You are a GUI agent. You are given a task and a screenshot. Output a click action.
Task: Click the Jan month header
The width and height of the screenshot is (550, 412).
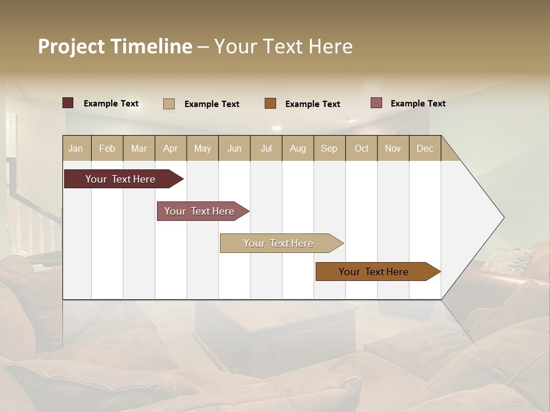pyautogui.click(x=76, y=148)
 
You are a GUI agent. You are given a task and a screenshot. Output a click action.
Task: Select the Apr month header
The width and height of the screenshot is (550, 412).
pyautogui.click(x=171, y=148)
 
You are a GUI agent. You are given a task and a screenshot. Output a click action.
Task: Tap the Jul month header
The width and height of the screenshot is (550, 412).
pyautogui.click(x=266, y=148)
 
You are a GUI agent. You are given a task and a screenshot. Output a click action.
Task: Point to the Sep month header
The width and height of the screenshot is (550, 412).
pyautogui.click(x=329, y=148)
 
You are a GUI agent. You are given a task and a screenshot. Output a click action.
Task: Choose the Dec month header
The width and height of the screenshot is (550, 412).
pyautogui.click(x=425, y=148)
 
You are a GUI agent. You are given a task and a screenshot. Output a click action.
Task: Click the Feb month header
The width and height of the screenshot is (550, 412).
pyautogui.click(x=107, y=148)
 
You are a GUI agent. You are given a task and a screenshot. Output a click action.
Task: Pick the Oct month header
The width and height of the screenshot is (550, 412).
pyautogui.click(x=362, y=148)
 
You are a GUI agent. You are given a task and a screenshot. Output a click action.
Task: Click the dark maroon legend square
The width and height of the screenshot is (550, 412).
pyautogui.click(x=68, y=103)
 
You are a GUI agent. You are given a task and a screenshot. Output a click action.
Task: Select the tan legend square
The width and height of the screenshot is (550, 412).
pyautogui.click(x=168, y=104)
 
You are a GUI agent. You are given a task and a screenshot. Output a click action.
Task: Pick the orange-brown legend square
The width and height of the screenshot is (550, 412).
pyautogui.click(x=270, y=103)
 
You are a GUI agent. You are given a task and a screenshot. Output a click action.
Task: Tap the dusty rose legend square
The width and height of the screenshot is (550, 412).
pyautogui.click(x=376, y=103)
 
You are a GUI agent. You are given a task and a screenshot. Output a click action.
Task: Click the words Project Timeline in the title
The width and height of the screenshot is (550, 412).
pyautogui.click(x=115, y=46)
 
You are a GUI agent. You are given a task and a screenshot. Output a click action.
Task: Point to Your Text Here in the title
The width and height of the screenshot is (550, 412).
pyautogui.click(x=283, y=46)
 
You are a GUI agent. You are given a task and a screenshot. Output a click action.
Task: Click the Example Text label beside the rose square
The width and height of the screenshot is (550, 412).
pyautogui.click(x=418, y=104)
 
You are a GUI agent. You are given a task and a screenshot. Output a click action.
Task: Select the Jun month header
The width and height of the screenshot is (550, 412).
pyautogui.click(x=234, y=148)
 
